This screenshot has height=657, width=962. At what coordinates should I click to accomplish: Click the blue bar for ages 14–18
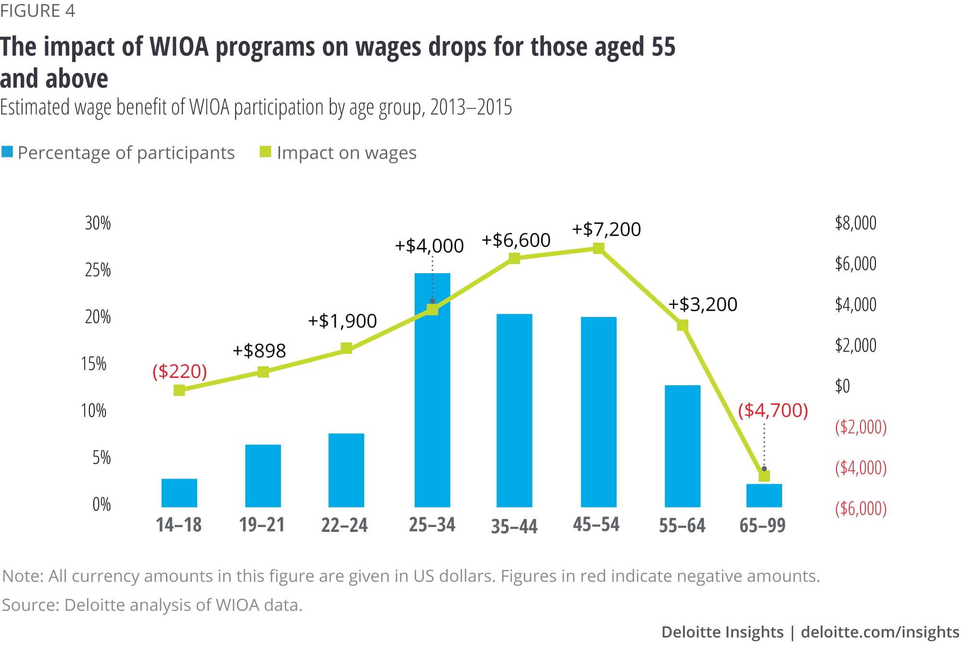coord(179,493)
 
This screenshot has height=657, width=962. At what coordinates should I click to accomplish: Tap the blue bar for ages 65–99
coord(764,496)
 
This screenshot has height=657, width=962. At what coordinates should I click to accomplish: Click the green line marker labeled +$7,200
coord(598,248)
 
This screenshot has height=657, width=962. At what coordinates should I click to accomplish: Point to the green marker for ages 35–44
coord(514,258)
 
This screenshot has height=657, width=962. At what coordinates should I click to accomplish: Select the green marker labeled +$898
coord(263,372)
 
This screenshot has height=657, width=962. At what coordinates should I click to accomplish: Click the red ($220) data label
coord(179,371)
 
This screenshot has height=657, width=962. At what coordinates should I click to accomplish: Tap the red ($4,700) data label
coord(772,410)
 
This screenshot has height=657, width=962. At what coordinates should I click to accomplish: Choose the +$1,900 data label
coord(342,321)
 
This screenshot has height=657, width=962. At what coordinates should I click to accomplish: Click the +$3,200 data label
coord(703,304)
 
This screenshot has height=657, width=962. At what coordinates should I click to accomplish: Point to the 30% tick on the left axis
coord(98,223)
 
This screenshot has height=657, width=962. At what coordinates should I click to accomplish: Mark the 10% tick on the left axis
coord(94,411)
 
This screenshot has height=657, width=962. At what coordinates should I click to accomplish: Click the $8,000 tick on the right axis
coord(855,223)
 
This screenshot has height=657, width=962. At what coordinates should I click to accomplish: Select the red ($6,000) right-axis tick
coord(861,508)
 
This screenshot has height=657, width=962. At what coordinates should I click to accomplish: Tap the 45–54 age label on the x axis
coord(596,524)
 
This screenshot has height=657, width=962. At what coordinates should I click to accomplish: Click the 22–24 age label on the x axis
coord(344,525)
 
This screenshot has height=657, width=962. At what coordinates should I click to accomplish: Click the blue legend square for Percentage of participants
coord(7,152)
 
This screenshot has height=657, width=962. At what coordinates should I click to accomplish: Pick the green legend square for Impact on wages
coord(265,152)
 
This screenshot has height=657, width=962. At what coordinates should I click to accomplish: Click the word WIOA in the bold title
coord(179,47)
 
